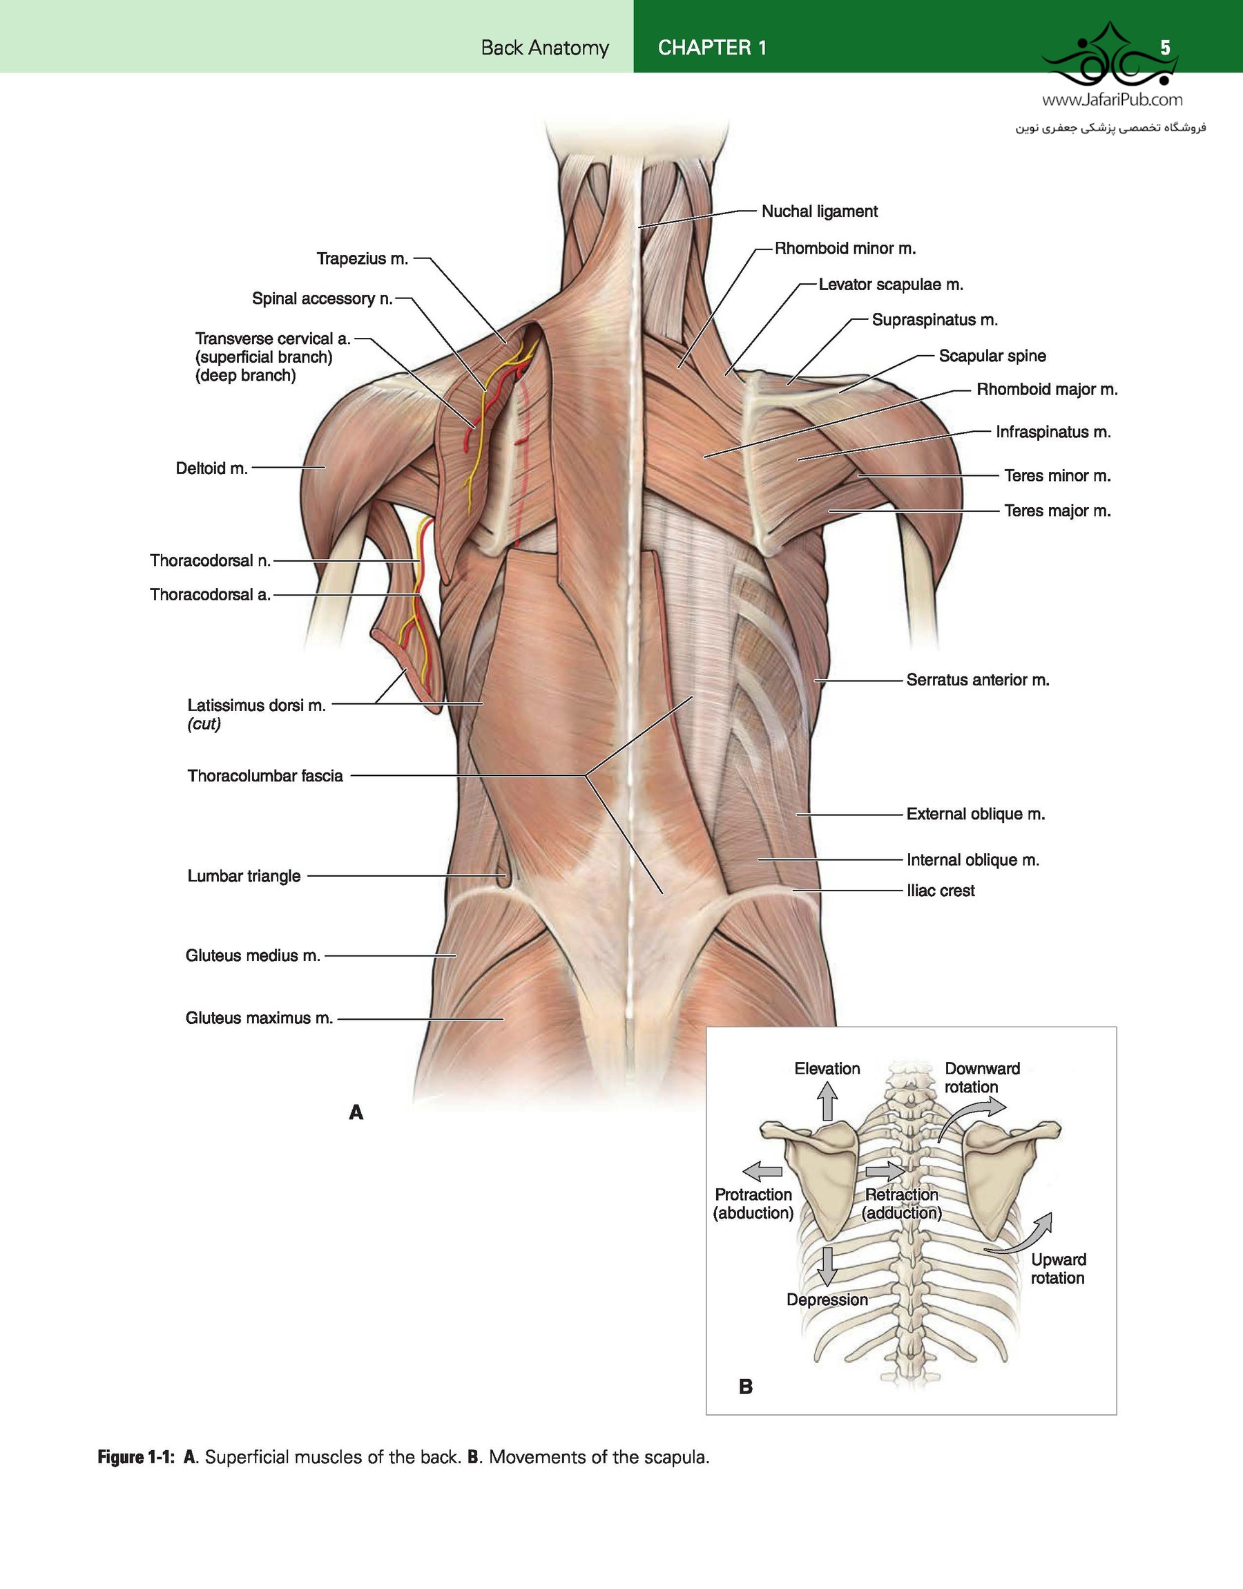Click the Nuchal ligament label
[820, 212]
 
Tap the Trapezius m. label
[363, 259]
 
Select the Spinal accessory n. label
[322, 298]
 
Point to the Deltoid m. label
[212, 468]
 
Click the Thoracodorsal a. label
[211, 595]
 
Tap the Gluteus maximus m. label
[259, 1018]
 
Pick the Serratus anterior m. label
[977, 680]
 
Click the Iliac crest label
[941, 891]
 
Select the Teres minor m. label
[1057, 475]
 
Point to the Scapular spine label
[992, 356]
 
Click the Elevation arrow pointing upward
[827, 1101]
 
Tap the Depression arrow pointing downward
[827, 1266]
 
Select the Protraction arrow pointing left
[762, 1171]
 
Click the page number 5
[1165, 48]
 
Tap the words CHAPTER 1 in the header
[712, 48]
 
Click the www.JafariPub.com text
[1112, 99]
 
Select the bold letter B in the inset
[745, 1387]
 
